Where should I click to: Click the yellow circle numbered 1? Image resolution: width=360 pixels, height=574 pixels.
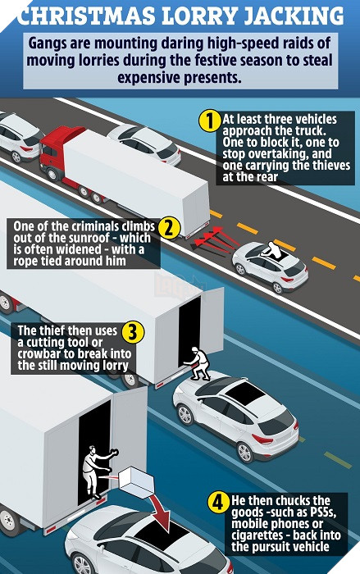tap(209, 121)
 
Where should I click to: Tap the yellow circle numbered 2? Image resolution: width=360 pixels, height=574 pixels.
tap(169, 229)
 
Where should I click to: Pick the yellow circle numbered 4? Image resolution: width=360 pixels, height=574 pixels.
tap(218, 502)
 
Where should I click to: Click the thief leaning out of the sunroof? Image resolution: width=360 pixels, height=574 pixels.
tap(272, 250)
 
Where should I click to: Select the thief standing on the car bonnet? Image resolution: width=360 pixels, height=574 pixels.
tap(198, 364)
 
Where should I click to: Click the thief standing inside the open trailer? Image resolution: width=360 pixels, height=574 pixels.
tap(96, 471)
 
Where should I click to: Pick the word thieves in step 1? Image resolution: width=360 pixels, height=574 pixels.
tap(330, 165)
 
